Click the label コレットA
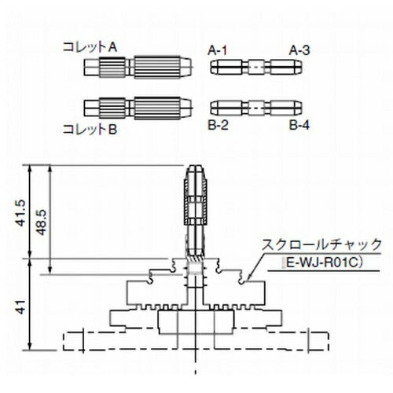click(90, 47)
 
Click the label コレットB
click(90, 130)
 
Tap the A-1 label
click(217, 50)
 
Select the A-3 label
click(299, 50)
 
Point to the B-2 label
click(218, 125)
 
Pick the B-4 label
click(299, 125)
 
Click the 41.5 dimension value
click(20, 213)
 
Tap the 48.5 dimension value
click(41, 222)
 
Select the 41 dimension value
click(20, 307)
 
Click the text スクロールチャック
click(321, 244)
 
